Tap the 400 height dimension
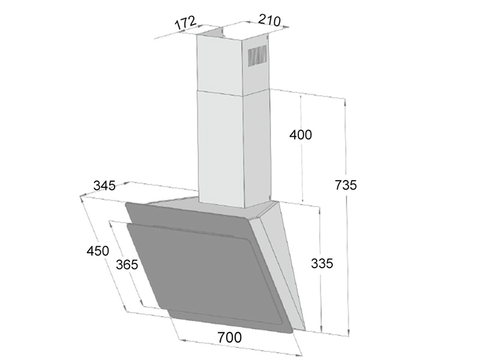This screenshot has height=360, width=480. (x=301, y=135)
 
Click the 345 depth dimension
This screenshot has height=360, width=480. (x=104, y=186)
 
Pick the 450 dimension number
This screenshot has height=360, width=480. (x=97, y=250)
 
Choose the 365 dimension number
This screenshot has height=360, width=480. (x=127, y=264)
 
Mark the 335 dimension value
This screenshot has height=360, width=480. (x=322, y=263)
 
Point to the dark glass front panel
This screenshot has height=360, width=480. (x=204, y=270)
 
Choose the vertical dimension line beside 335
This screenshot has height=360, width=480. (x=321, y=300)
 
